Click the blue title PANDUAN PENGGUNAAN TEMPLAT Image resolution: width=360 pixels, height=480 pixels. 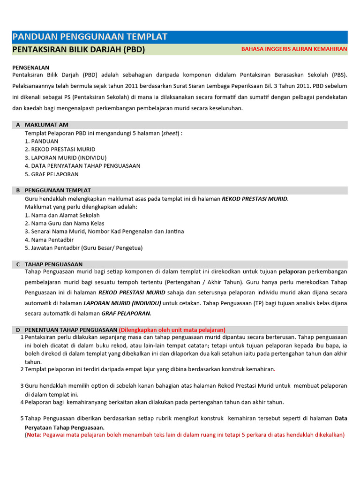(x=90, y=37)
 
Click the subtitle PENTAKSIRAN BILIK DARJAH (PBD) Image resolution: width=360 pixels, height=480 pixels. (x=78, y=49)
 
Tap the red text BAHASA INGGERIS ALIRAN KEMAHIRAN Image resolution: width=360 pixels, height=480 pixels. (x=294, y=49)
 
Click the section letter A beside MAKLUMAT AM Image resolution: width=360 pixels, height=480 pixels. (x=18, y=125)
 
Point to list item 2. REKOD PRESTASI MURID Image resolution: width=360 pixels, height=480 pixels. (x=60, y=149)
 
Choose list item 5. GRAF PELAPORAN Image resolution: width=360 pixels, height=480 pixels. (x=52, y=174)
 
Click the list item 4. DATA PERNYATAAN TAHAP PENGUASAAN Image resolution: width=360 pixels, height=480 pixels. (x=82, y=165)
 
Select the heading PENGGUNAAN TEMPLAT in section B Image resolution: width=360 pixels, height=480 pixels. (x=58, y=190)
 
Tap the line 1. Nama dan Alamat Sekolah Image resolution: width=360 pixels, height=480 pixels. (x=62, y=215)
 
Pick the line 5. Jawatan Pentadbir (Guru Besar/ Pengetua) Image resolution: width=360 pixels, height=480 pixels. (x=83, y=247)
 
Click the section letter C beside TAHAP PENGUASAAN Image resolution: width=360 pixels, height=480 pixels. (x=18, y=264)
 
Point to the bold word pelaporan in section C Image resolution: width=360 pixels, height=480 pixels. (x=292, y=271)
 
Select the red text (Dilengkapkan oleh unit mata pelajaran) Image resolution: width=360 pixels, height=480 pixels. (x=172, y=330)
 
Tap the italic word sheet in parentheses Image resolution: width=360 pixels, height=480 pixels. (x=170, y=133)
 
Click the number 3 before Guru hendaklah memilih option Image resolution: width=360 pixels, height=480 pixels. (x=22, y=385)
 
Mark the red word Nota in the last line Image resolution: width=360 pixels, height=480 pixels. (x=34, y=435)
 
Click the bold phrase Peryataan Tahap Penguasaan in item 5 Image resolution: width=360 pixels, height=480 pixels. (x=65, y=427)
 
